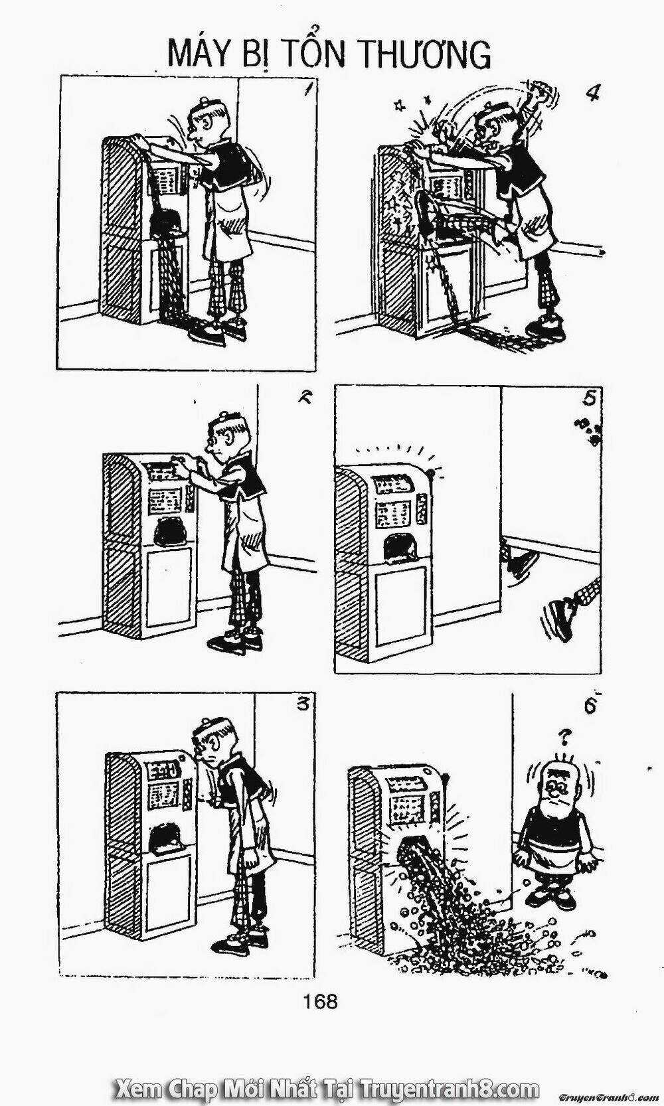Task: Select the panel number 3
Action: [x=302, y=704]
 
